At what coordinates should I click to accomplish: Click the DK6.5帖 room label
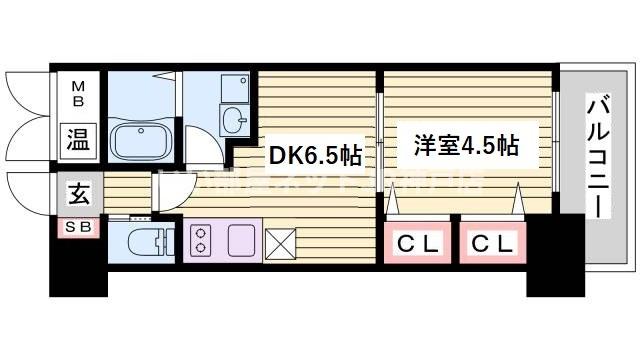click(313, 156)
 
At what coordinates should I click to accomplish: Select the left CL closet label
click(420, 243)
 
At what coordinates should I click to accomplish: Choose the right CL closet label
click(493, 243)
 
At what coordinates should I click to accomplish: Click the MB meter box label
click(77, 96)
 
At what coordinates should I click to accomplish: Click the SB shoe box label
click(77, 227)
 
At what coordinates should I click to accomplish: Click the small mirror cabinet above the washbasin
click(233, 88)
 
